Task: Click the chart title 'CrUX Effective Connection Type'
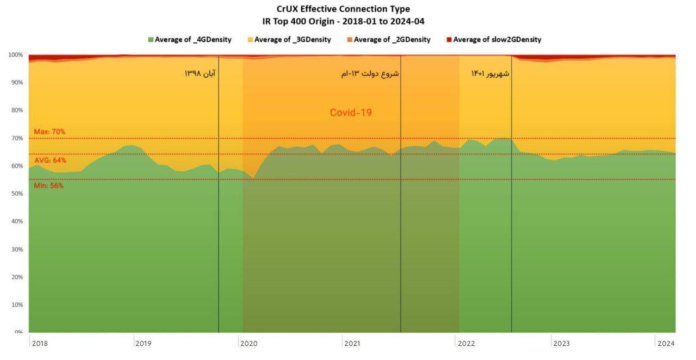pos(343,9)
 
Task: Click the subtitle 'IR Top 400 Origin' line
pos(343,22)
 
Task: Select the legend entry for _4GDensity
pos(190,40)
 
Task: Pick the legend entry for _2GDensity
pos(388,40)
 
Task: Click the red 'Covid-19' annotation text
pos(351,113)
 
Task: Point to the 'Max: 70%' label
pos(49,132)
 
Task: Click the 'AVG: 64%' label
pos(50,160)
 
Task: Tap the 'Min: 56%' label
pos(48,185)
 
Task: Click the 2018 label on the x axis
pos(40,344)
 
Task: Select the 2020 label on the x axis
pos(248,344)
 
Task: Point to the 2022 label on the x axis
pos(467,344)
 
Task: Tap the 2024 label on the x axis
pos(666,344)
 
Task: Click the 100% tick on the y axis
pos(15,55)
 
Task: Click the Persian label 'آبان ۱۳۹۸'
pos(200,73)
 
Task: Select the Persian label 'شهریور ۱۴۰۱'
pos(490,73)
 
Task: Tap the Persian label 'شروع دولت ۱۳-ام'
pos(370,73)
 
